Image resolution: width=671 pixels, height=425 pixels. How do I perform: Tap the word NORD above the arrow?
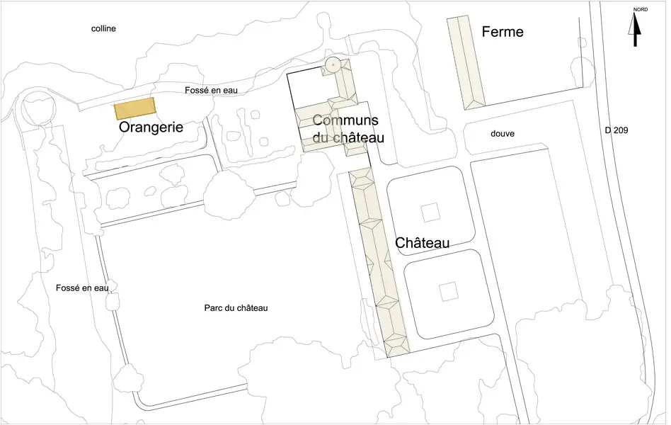(x=640, y=10)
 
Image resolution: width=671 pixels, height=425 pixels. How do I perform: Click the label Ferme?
(x=502, y=32)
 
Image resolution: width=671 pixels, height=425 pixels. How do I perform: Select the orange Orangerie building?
(x=135, y=109)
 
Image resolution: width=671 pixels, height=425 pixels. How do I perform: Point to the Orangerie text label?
(x=151, y=127)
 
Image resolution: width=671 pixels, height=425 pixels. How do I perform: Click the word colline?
(x=103, y=29)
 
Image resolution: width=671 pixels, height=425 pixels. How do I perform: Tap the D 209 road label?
(x=616, y=130)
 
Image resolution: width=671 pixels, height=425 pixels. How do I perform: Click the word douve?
(x=502, y=133)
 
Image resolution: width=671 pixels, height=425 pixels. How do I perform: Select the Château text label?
(x=423, y=243)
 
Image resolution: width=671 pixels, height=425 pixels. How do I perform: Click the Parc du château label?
(x=236, y=308)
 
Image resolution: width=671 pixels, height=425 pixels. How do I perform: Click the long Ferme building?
(x=466, y=62)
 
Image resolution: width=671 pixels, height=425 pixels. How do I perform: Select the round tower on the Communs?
(x=331, y=66)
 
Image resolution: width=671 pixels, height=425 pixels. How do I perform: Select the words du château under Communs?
(x=348, y=138)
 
